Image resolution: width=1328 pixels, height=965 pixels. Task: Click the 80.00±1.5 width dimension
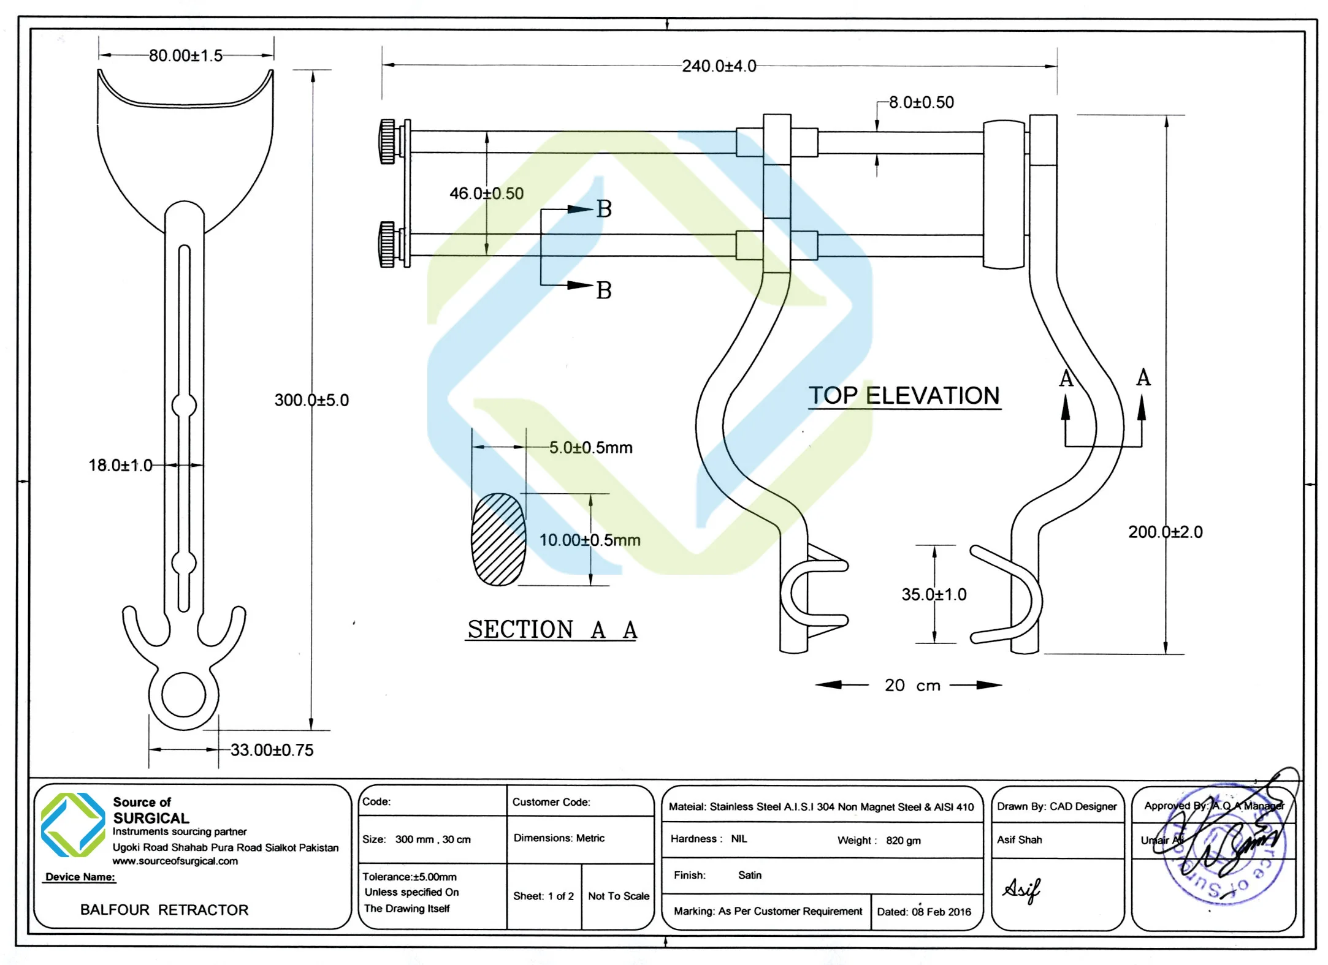click(x=186, y=56)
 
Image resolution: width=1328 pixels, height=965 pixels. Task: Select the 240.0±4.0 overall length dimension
click(x=719, y=66)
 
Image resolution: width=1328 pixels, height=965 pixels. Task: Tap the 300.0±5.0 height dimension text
click(x=311, y=400)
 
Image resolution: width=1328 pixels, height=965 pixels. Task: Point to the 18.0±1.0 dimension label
click(x=120, y=466)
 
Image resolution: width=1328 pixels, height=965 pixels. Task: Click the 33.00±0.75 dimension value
click(x=272, y=750)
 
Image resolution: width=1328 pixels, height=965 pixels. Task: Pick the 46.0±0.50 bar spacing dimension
click(x=486, y=194)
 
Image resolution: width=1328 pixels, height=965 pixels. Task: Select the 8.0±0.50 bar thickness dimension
click(x=922, y=102)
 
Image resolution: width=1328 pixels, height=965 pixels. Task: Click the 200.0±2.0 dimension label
click(x=1165, y=532)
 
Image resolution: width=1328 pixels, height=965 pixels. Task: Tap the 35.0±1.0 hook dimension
click(x=934, y=594)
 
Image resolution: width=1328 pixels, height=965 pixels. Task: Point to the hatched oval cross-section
click(x=498, y=539)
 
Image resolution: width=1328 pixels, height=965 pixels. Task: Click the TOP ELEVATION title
click(x=904, y=396)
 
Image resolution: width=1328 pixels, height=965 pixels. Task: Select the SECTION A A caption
click(x=552, y=629)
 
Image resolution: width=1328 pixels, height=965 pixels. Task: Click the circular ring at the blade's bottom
click(x=183, y=695)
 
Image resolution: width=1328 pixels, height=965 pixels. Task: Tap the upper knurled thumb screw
click(x=387, y=142)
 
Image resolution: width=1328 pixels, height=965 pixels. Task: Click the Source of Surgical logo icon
click(x=73, y=825)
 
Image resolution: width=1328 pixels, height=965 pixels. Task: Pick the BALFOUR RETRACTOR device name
click(x=164, y=910)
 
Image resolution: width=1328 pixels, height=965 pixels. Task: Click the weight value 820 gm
click(x=903, y=841)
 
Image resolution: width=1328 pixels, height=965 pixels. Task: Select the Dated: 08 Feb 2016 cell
click(x=924, y=912)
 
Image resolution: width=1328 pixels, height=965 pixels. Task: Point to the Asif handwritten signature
click(x=1021, y=890)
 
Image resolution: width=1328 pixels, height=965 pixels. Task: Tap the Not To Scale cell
click(x=618, y=896)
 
